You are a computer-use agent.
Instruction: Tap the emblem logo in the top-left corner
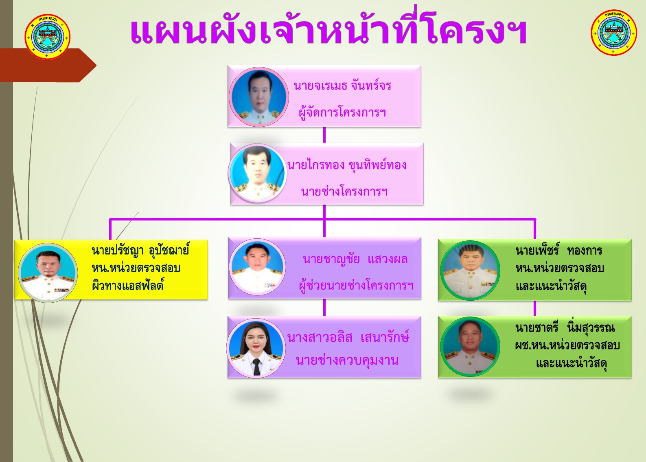48,37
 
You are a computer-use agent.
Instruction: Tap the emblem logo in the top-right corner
614,32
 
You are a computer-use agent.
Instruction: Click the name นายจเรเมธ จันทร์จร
342,86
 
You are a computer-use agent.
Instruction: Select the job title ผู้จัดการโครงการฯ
342,112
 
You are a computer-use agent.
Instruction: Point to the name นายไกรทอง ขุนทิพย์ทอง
347,165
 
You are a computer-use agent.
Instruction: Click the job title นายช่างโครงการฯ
344,191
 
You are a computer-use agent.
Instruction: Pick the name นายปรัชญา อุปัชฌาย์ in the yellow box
140,250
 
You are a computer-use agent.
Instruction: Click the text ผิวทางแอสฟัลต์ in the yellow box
127,286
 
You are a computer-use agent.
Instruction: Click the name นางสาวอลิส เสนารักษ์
348,337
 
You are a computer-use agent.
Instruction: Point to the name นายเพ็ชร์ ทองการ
558,251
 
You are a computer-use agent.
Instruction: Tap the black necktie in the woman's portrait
256,367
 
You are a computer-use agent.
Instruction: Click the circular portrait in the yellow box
48,273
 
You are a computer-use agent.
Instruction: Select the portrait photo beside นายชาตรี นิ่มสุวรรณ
471,347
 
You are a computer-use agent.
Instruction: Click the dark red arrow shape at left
48,66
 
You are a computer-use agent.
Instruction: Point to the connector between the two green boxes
535,308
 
